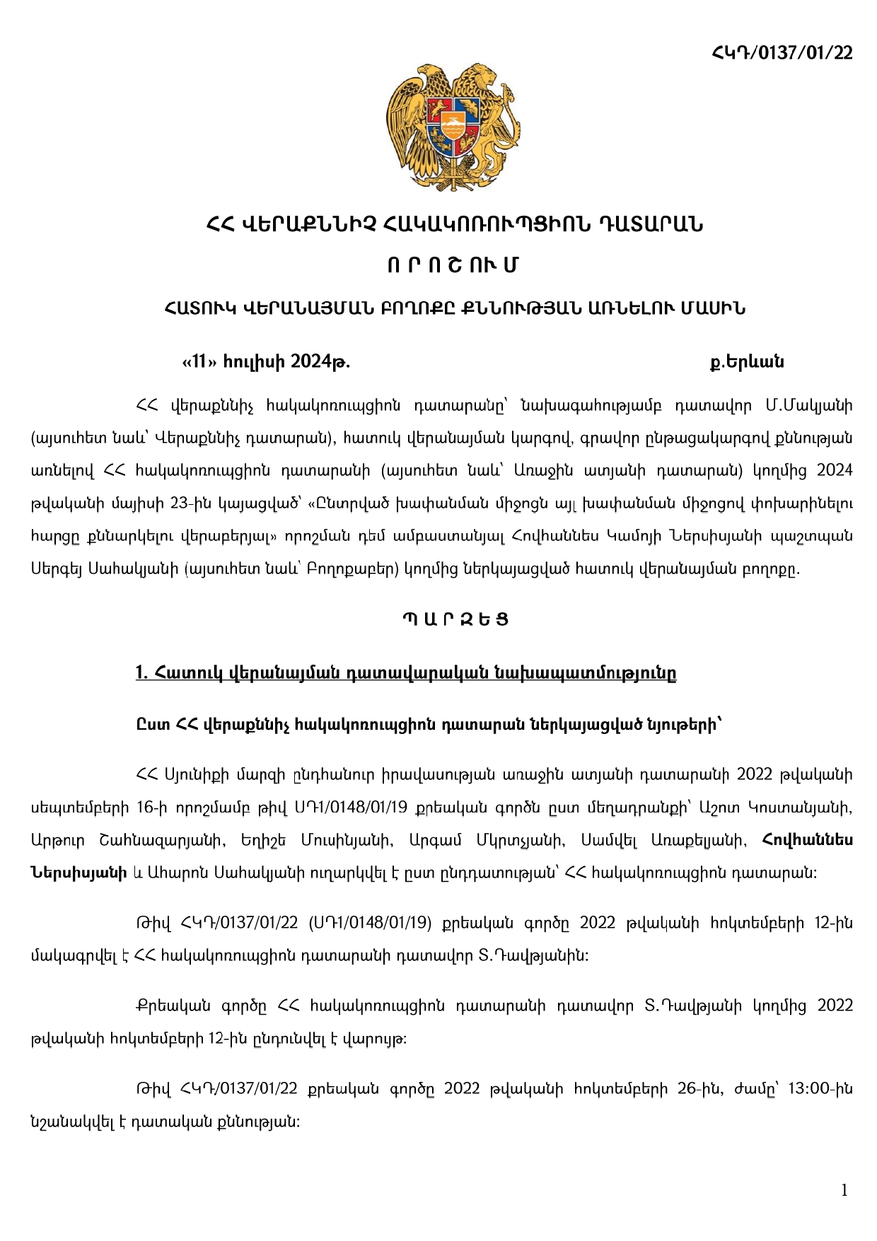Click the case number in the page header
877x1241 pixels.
[x=782, y=53]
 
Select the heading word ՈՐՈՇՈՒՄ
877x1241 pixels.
[x=453, y=265]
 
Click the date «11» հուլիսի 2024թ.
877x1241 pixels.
[x=266, y=362]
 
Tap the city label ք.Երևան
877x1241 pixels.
[x=747, y=362]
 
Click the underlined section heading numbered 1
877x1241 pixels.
[x=406, y=673]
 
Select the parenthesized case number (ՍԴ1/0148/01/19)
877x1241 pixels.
[x=370, y=923]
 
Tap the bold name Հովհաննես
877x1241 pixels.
[x=808, y=840]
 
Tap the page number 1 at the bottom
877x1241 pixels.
[x=844, y=1191]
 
